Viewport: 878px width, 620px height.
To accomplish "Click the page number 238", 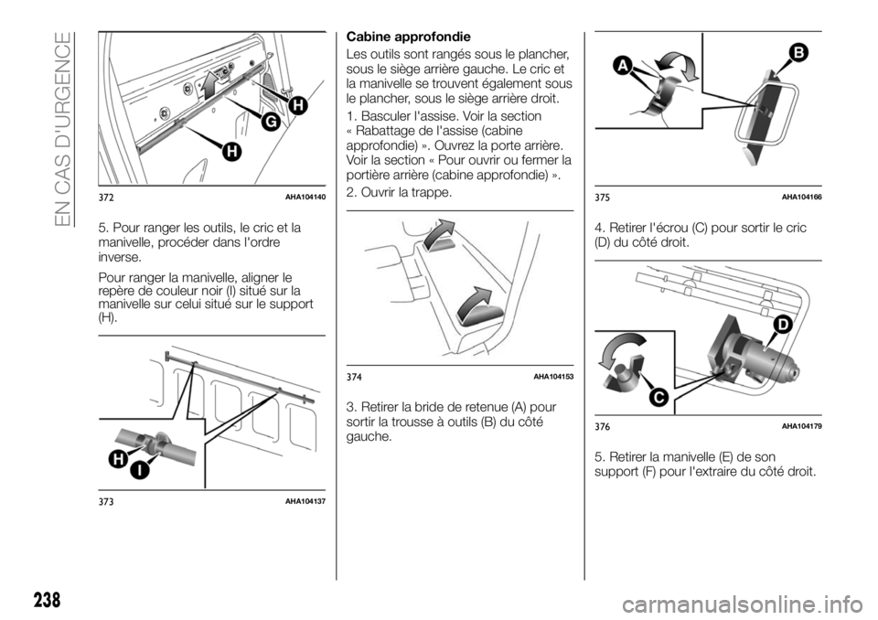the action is (47, 600).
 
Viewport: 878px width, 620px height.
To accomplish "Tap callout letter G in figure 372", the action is (271, 122).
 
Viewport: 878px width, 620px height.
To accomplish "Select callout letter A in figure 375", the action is (623, 66).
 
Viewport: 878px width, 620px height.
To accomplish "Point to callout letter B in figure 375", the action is (798, 54).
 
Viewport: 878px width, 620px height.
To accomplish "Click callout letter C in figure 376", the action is (659, 397).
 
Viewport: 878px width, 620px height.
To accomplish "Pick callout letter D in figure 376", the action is (782, 325).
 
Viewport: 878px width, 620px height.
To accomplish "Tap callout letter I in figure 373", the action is (140, 470).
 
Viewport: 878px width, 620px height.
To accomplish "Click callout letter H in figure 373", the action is (118, 459).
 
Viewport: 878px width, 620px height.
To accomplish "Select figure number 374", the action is (354, 378).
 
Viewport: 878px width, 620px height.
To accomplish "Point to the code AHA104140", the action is (305, 197).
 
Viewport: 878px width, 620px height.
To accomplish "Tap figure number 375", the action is (603, 198).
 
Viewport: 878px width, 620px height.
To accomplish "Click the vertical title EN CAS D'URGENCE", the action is (63, 129).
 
